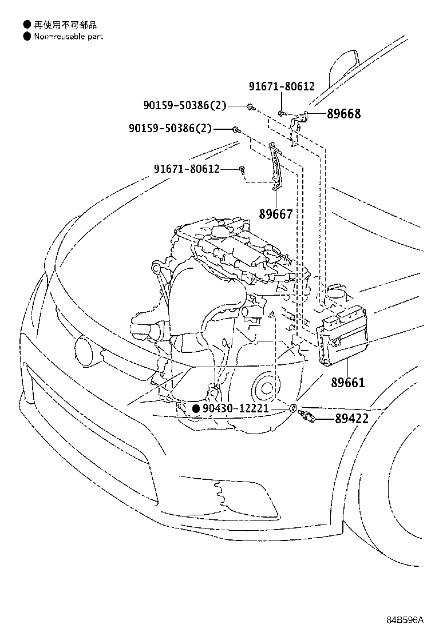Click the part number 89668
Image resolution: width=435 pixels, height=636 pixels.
pos(344,114)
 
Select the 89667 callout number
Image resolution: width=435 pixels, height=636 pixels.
pos(275,214)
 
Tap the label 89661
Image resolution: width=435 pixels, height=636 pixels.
pos(347,383)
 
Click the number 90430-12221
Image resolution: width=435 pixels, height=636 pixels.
pos(237,408)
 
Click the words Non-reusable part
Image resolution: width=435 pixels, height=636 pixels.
pos(68,37)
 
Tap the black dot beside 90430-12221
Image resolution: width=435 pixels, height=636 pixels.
pos(196,408)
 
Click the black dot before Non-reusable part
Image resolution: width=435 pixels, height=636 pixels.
pos(26,37)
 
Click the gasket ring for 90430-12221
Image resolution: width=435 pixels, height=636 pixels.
pos(292,408)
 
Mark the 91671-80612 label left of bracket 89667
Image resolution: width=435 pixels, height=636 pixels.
pos(186,169)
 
